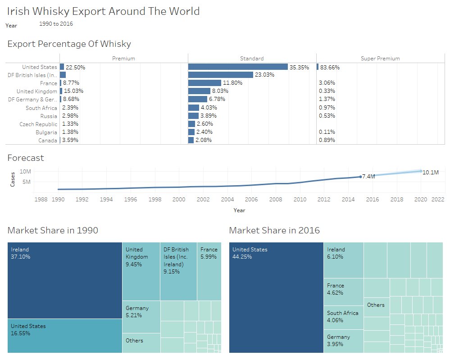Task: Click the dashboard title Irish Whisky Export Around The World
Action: point(103,11)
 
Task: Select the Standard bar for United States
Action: point(238,67)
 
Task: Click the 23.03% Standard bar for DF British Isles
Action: point(221,75)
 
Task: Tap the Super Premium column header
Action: point(380,58)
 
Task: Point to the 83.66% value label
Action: point(330,67)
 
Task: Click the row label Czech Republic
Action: point(38,124)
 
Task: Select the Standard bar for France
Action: point(205,83)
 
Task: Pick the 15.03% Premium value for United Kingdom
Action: point(73,91)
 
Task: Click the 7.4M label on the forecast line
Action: point(368,176)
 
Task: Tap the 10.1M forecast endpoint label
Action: point(431,172)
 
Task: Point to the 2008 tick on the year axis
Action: point(276,199)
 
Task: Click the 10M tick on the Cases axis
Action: point(25,172)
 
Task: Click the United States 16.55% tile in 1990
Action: point(65,336)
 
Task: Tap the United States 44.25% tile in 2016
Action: point(276,297)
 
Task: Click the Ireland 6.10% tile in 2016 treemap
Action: point(343,260)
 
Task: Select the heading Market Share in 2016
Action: point(274,230)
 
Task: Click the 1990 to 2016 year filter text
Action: point(56,23)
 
